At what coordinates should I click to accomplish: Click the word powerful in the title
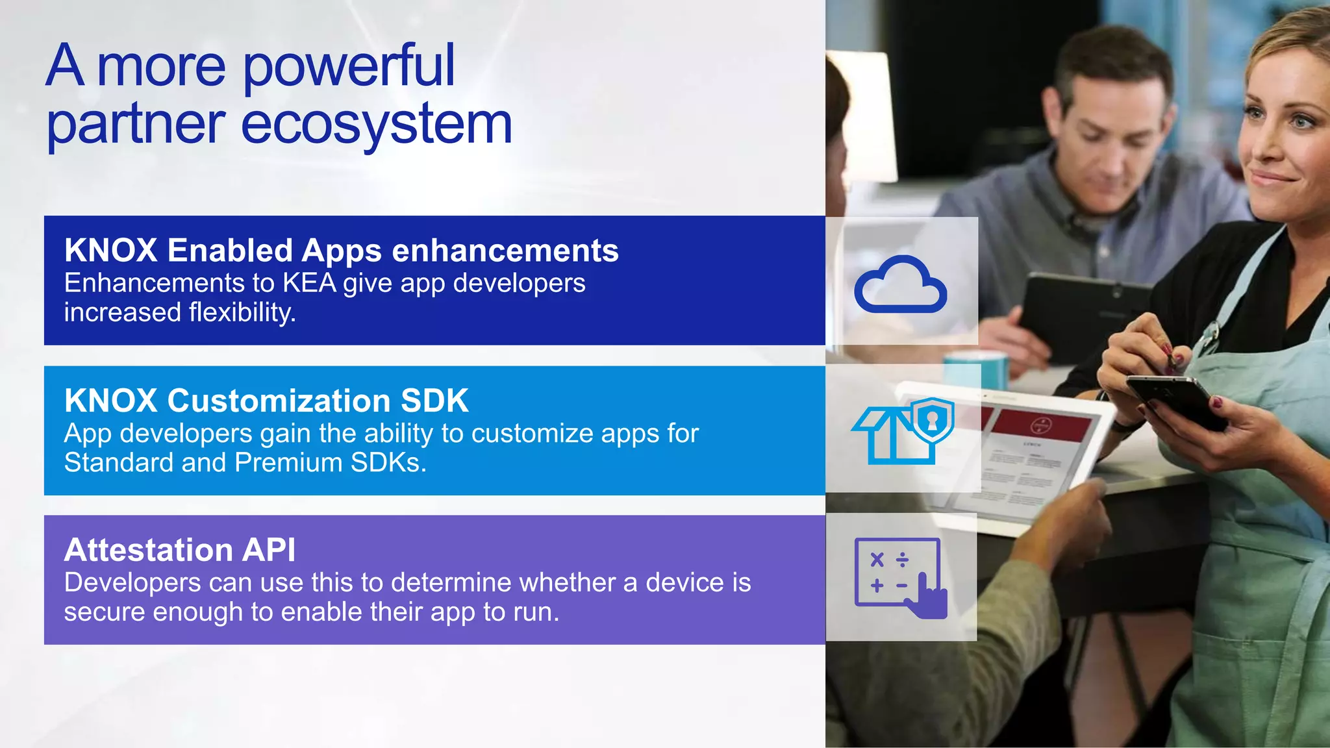349,66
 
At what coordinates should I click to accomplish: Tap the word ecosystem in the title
377,125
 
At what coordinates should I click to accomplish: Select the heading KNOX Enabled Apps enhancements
342,251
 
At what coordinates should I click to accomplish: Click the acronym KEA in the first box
309,284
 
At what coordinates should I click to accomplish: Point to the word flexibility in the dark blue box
242,313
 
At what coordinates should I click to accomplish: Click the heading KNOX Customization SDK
266,401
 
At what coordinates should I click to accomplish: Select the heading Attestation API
180,551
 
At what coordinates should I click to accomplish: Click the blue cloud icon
900,286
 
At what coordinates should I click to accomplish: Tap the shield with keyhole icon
933,419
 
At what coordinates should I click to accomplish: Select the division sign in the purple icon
902,560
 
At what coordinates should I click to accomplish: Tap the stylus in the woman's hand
1169,354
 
